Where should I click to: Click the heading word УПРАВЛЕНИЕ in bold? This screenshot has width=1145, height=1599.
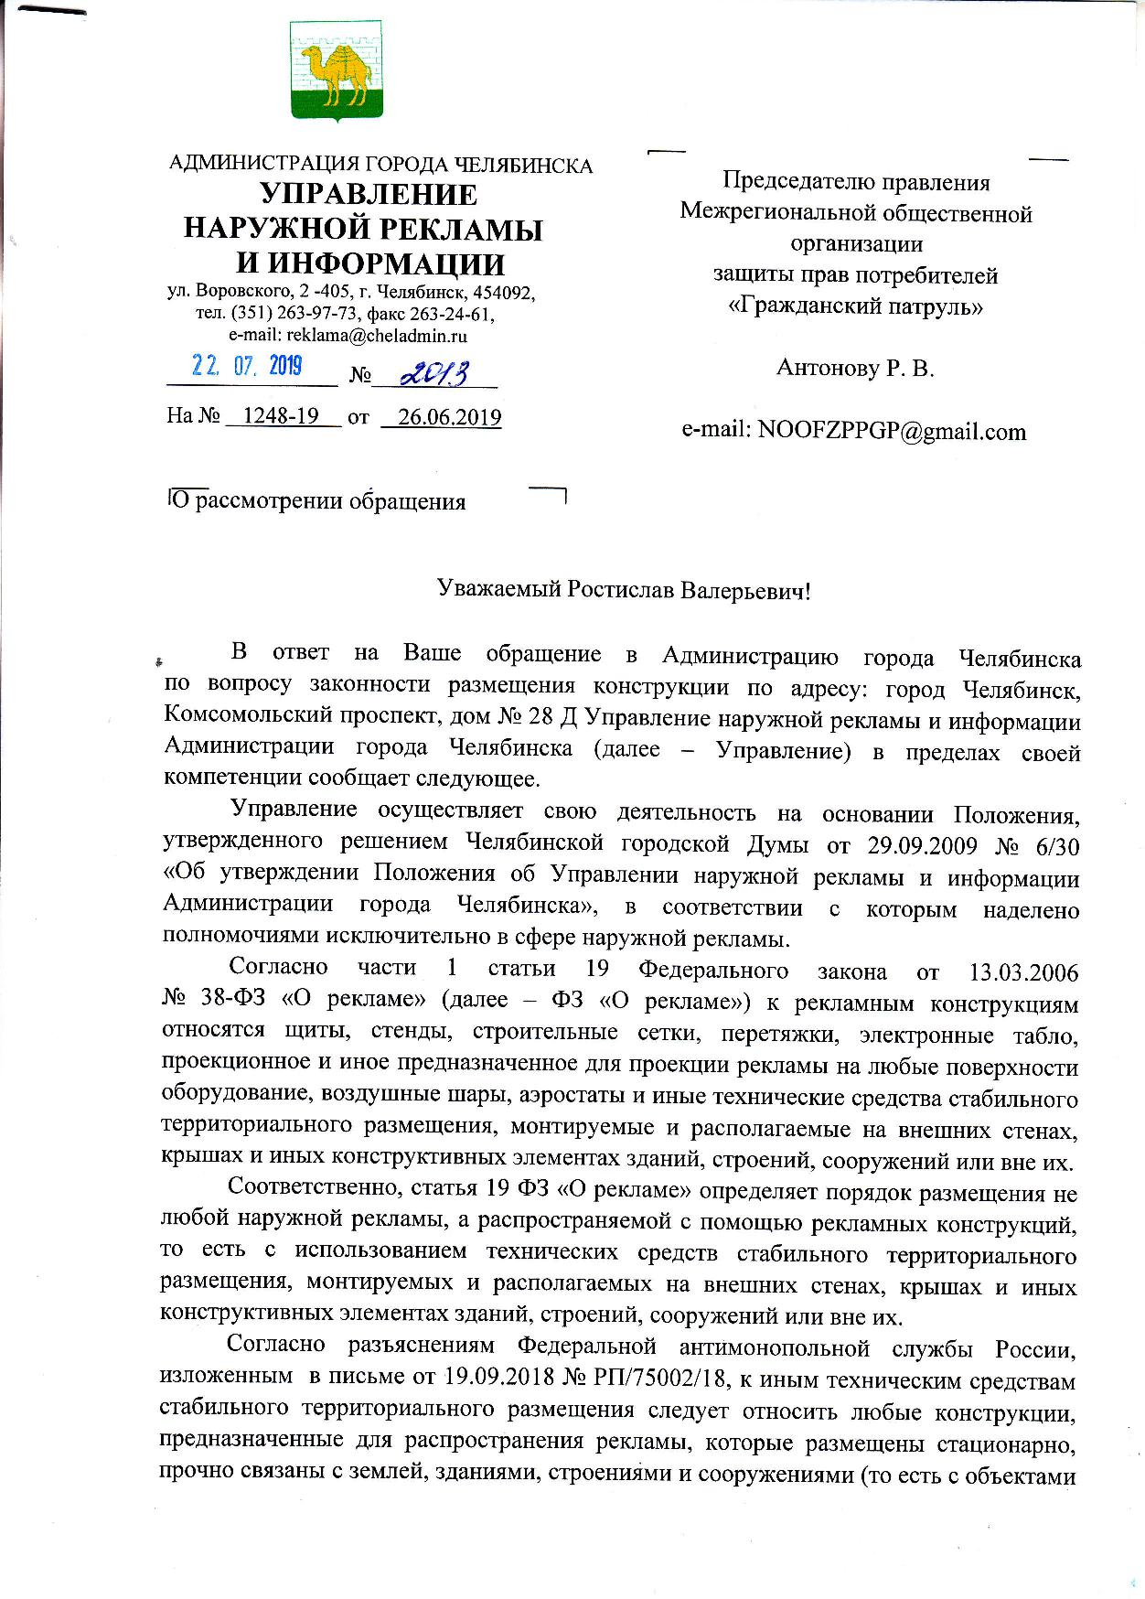[369, 195]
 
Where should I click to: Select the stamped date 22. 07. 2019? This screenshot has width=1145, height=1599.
[247, 366]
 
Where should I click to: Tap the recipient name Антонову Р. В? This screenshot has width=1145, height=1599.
[854, 368]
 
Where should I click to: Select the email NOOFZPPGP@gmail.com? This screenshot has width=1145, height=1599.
[892, 431]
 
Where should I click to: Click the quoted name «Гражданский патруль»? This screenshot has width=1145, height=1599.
[855, 306]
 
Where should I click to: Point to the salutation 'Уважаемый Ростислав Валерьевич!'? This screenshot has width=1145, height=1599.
[624, 590]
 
